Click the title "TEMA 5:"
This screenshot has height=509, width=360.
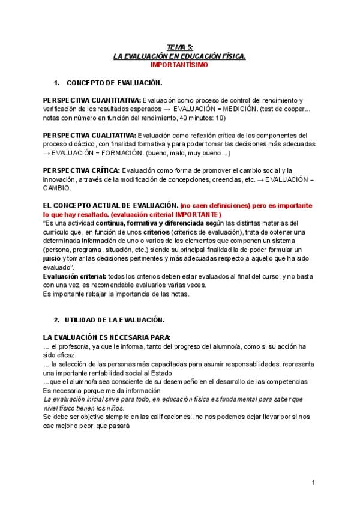click(179, 46)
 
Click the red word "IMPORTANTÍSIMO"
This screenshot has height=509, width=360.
click(179, 64)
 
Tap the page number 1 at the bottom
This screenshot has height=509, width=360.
click(313, 483)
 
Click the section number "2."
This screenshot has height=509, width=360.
click(57, 320)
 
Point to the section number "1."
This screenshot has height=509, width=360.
click(57, 82)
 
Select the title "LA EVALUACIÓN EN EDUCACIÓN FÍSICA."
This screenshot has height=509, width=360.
click(179, 55)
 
